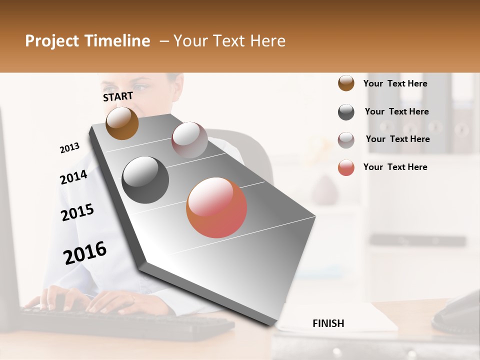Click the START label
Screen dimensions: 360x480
pos(118,96)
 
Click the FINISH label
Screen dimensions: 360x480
pos(328,323)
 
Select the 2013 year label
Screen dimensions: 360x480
pos(69,148)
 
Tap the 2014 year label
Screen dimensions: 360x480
pos(73,177)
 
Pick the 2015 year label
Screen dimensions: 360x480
pos(77,212)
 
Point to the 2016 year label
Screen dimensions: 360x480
pos(85,252)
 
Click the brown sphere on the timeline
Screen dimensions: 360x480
pos(122,123)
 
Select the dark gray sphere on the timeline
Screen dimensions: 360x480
pos(145,180)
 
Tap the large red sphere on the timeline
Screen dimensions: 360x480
pos(216,207)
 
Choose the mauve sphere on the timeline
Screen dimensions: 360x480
pos(189,140)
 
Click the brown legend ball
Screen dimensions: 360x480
pos(346,83)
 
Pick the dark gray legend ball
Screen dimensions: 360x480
pos(346,112)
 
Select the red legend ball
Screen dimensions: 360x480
pos(346,167)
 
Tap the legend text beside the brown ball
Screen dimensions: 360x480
pos(395,83)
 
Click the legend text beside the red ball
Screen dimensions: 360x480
pos(395,167)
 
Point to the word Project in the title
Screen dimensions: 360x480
pos(51,41)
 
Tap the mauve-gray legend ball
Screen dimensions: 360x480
pos(346,140)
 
